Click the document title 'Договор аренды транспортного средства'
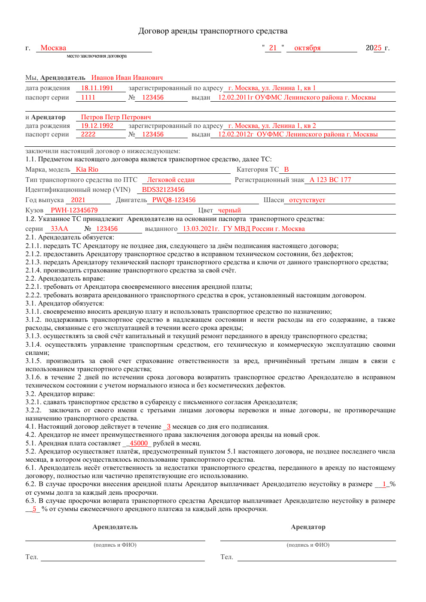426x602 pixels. [x=213, y=31]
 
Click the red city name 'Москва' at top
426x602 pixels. [x=53, y=48]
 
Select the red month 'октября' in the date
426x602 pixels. [x=307, y=48]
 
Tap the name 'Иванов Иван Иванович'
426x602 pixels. [x=127, y=78]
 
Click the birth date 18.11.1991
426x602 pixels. [x=97, y=88]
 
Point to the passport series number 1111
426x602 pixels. [x=88, y=97]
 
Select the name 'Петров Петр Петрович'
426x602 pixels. [x=116, y=117]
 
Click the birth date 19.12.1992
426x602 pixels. [x=97, y=126]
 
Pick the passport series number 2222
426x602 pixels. [x=88, y=134]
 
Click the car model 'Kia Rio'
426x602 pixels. [x=87, y=169]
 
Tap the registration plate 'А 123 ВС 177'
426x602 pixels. [x=330, y=180]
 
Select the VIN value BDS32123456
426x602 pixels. [x=163, y=190]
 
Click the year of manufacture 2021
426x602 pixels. [x=78, y=200]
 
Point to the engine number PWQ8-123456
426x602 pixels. [x=174, y=200]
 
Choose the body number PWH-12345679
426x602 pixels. [x=74, y=210]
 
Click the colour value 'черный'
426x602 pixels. [x=229, y=210]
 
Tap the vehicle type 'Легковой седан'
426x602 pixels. [x=171, y=180]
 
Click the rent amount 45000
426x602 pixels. [x=139, y=443]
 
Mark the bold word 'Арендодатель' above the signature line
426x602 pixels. [x=115, y=527]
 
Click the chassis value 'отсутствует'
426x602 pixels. [x=307, y=200]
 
